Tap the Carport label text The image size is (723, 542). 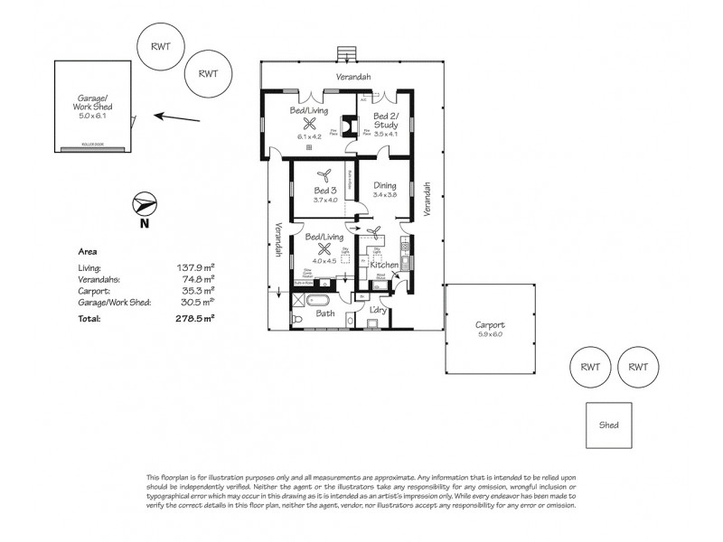click(490, 324)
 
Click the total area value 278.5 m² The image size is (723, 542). click(193, 319)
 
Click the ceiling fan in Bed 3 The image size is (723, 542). click(325, 177)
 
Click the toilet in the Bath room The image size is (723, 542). click(297, 318)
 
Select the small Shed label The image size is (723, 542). click(610, 424)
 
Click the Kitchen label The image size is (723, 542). click(383, 266)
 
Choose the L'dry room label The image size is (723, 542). click(380, 311)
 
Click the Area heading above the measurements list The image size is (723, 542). click(88, 252)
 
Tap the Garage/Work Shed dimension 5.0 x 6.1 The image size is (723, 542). click(93, 116)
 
